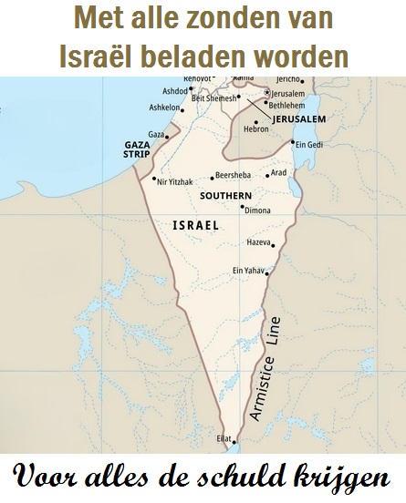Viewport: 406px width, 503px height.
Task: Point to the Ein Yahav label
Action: (x=248, y=270)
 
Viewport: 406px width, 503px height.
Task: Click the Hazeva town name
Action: (x=259, y=242)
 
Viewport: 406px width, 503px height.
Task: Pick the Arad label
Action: (x=279, y=172)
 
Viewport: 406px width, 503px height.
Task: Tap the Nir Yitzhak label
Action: (x=175, y=182)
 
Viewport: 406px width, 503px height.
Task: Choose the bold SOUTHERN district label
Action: (x=220, y=195)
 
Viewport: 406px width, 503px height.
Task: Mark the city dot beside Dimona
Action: (x=242, y=207)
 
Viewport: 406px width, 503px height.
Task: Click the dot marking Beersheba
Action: (x=212, y=177)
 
